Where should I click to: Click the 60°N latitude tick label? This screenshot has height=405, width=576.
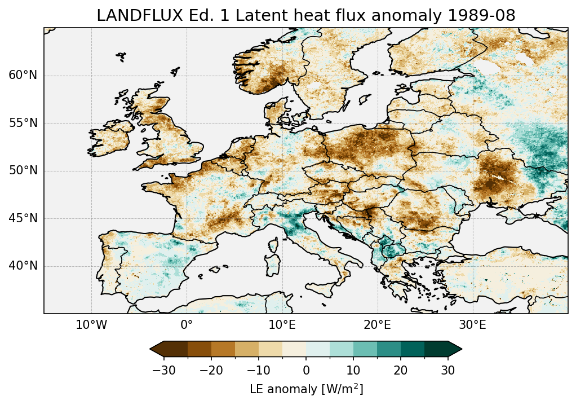(23, 76)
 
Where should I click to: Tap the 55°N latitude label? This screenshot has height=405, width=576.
(23, 124)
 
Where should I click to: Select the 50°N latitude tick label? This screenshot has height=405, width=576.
(23, 171)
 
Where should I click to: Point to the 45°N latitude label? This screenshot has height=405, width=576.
(23, 218)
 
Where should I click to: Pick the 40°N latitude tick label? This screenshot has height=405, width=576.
(23, 266)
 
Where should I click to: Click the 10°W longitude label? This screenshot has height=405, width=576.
(91, 325)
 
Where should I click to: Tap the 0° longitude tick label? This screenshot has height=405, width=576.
(187, 325)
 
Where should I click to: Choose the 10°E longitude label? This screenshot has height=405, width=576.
(282, 325)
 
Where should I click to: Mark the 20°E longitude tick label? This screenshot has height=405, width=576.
(377, 325)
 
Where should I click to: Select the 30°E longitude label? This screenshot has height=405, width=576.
(472, 325)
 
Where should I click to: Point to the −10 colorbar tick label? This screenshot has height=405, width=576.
(259, 370)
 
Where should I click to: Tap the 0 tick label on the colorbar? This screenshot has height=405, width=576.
(306, 370)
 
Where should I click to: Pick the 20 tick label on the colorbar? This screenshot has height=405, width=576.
(401, 370)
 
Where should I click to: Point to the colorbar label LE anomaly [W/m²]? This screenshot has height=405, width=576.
(306, 389)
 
